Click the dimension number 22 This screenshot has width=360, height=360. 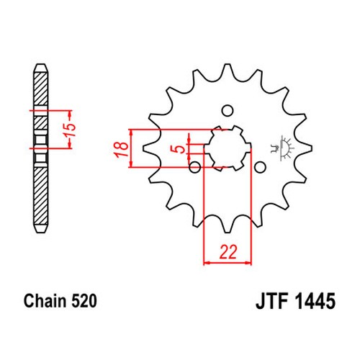[228, 252]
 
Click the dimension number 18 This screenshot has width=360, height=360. [122, 150]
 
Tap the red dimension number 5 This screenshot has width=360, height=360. [181, 149]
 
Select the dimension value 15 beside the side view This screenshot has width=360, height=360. [71, 130]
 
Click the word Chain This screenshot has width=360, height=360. [45, 301]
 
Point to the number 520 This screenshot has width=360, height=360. [84, 301]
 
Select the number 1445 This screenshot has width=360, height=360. [315, 301]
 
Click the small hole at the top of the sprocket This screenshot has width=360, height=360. [227, 111]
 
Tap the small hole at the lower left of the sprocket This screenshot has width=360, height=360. [195, 167]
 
